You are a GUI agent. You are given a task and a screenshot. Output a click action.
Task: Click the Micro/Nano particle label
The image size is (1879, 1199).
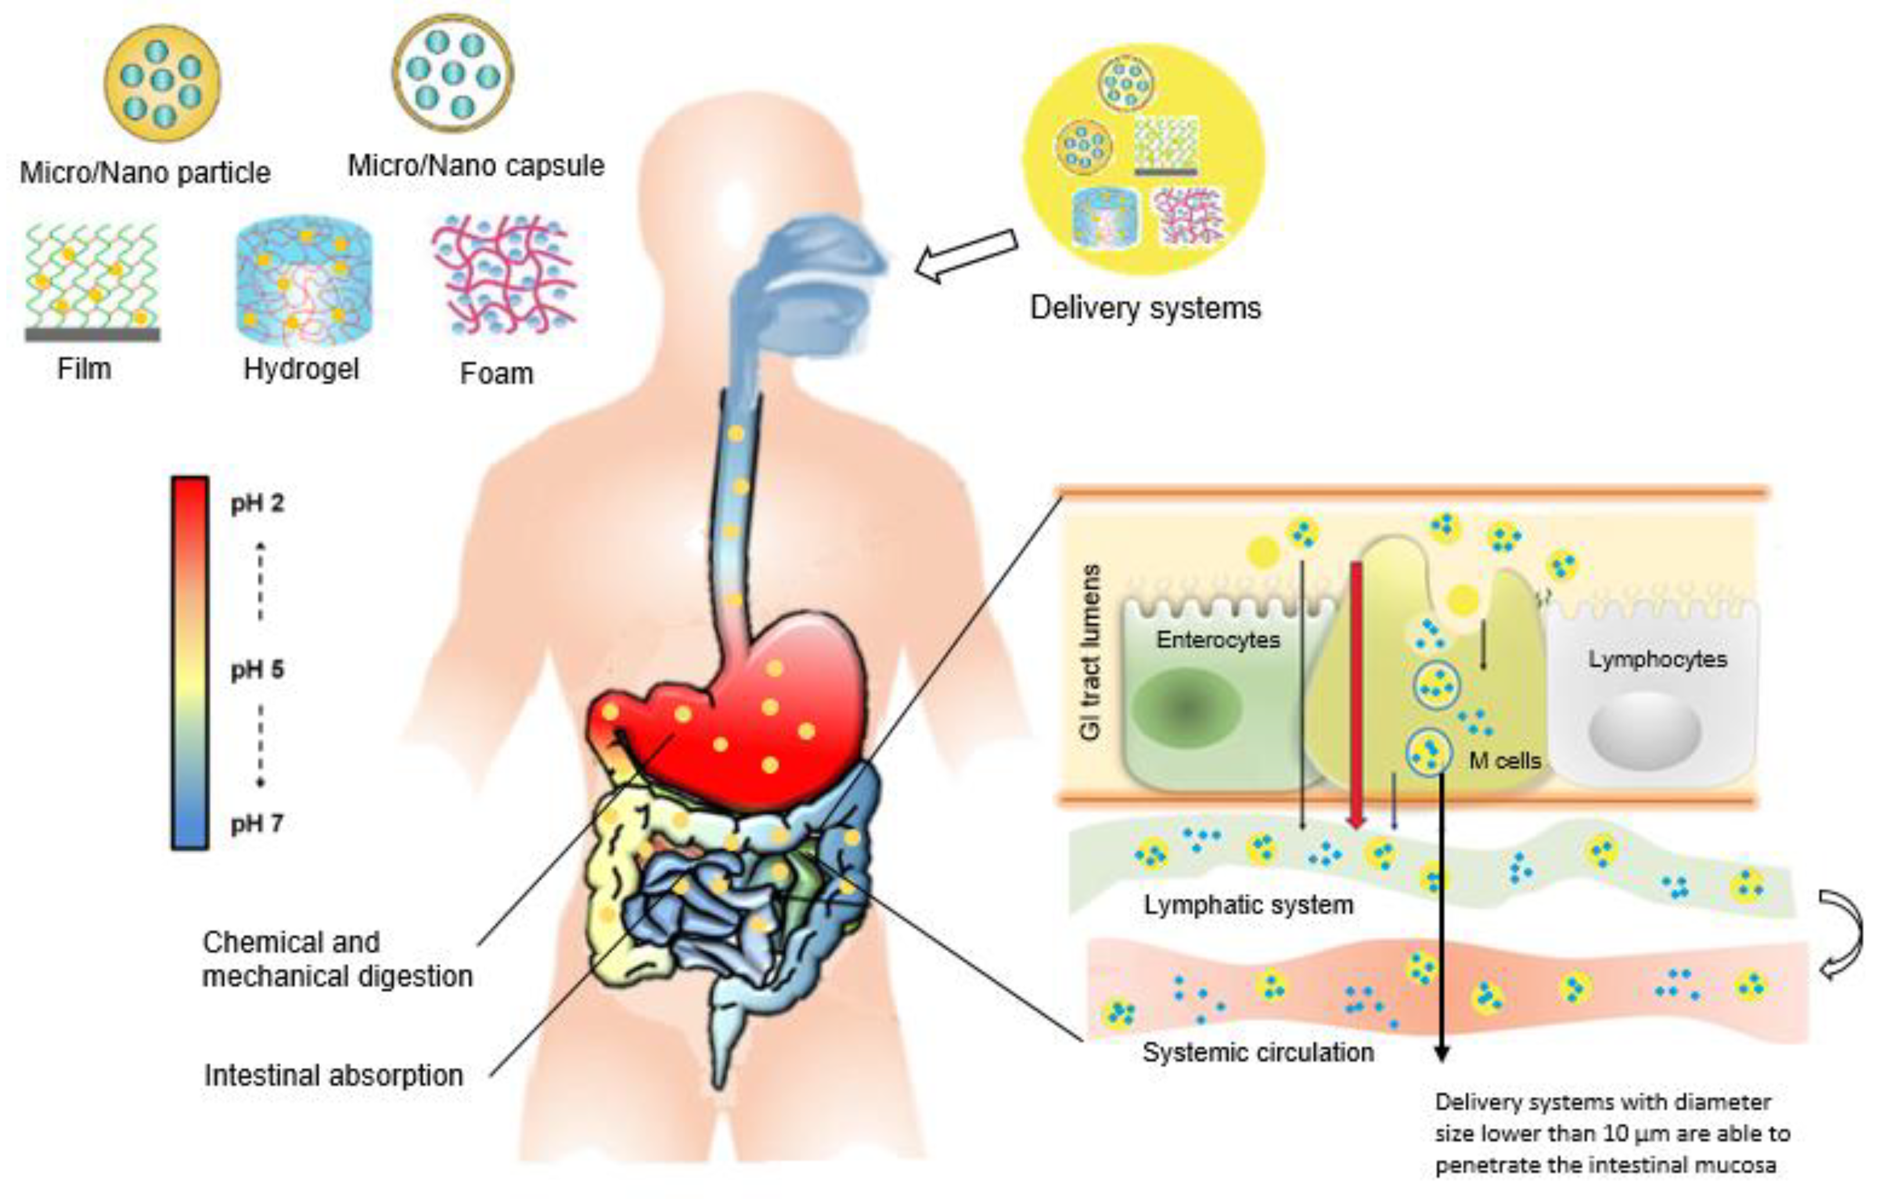(145, 172)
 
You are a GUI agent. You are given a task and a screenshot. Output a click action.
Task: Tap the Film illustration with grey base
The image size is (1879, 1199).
(92, 282)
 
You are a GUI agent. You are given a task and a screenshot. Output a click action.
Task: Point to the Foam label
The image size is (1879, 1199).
(496, 374)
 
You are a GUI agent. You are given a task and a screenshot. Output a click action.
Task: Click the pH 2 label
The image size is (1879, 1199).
(257, 504)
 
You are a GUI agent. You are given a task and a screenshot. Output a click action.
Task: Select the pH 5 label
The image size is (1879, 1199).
(257, 669)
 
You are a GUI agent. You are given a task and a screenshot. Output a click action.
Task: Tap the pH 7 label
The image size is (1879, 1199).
(257, 823)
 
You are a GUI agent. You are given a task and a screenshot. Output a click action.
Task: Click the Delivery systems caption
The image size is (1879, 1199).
(1144, 308)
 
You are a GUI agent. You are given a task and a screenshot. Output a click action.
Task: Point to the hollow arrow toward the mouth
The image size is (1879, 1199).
(966, 256)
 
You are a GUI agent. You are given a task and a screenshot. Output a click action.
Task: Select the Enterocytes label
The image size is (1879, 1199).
(1218, 640)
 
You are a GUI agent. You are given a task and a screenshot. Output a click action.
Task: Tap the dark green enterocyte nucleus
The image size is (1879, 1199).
(1186, 708)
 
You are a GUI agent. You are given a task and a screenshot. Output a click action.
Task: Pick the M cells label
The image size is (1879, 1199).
(1504, 761)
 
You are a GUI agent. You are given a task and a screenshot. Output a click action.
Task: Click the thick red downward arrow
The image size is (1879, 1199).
(1357, 694)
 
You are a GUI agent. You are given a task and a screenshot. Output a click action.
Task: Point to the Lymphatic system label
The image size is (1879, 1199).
(1248, 905)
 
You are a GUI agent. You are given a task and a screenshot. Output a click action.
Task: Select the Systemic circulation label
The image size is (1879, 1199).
(1258, 1052)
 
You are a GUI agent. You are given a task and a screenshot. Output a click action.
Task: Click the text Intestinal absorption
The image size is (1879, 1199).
(334, 1076)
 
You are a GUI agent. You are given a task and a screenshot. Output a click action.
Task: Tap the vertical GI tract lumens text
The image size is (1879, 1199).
(1091, 652)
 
